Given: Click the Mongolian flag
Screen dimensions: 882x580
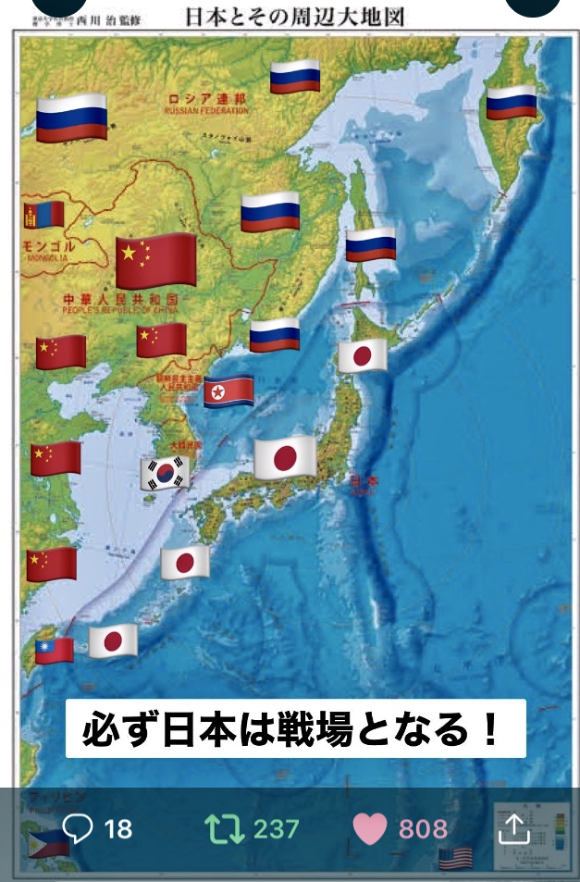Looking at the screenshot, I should pos(43,215).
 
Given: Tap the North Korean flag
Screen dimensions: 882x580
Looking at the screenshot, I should pos(228,391).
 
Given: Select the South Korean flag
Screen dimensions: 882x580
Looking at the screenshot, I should pos(165,473).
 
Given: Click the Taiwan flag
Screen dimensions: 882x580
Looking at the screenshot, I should pos(55,650).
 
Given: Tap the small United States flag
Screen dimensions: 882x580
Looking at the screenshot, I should pos(455,858).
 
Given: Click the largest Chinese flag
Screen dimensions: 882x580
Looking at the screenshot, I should pos(156,260).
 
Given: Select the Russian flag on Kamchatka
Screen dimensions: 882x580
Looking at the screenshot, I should pos(512,103).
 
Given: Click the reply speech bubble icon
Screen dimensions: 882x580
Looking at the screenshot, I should pos(78,828).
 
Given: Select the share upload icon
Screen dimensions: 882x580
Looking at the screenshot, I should pos(513,828).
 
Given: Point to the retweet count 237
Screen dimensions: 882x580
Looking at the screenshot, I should pos(276,828).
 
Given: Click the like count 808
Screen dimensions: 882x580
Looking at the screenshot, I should pos(423,828).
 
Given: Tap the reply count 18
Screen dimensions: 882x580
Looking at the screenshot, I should pos(118,828).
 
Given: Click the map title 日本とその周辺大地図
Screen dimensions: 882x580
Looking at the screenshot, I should pos(295,17).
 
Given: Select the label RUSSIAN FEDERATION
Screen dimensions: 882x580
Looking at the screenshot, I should pos(205,111).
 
